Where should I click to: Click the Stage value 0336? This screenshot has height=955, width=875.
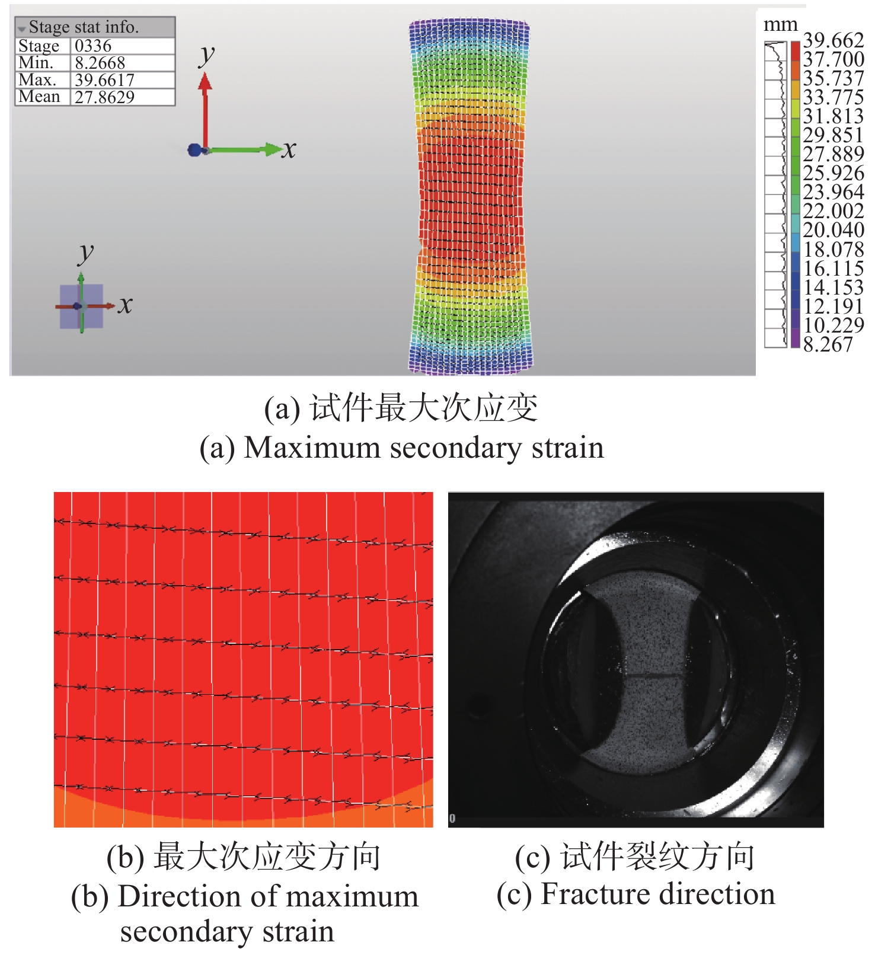pyautogui.click(x=93, y=46)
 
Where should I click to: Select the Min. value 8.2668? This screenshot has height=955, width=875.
pyautogui.click(x=100, y=63)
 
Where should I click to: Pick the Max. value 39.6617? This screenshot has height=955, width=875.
pyautogui.click(x=104, y=80)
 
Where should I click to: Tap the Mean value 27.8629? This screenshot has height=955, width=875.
pyautogui.click(x=104, y=97)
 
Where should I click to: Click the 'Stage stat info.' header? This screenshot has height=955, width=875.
pyautogui.click(x=84, y=27)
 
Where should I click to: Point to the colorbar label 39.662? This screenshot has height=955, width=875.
pyautogui.click(x=833, y=40)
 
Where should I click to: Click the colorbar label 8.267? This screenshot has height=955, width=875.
pyautogui.click(x=828, y=344)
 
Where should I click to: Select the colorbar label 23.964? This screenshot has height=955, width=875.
pyautogui.click(x=833, y=192)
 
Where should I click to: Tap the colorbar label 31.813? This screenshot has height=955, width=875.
pyautogui.click(x=833, y=116)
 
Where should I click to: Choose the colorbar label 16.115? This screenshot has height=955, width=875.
pyautogui.click(x=833, y=269)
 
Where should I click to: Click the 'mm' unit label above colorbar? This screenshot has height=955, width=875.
pyautogui.click(x=780, y=25)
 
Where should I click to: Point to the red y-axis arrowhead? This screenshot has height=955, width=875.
pyautogui.click(x=205, y=81)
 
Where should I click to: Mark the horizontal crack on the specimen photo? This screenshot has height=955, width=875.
pyautogui.click(x=652, y=675)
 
